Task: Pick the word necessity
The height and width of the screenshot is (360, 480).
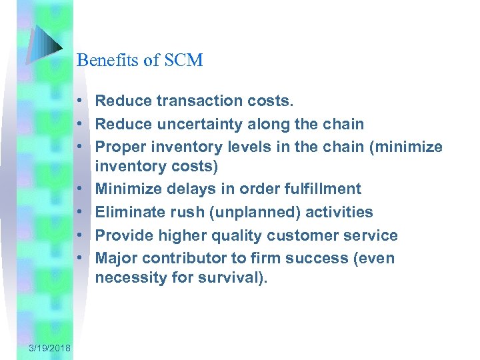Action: [129, 277]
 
